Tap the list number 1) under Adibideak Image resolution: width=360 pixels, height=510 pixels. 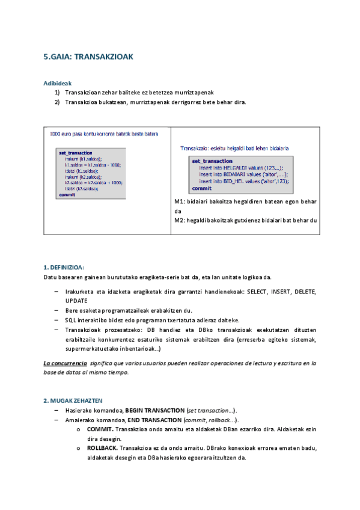(x=58, y=92)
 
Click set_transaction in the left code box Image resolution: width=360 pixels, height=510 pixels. (x=76, y=153)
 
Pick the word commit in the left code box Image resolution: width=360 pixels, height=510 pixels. (x=67, y=195)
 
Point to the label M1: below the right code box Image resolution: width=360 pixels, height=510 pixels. (x=178, y=201)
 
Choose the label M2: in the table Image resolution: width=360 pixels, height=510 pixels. (x=178, y=220)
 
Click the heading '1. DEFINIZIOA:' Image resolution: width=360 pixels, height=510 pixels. (x=64, y=267)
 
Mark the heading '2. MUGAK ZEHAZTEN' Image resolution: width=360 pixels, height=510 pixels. (x=73, y=400)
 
